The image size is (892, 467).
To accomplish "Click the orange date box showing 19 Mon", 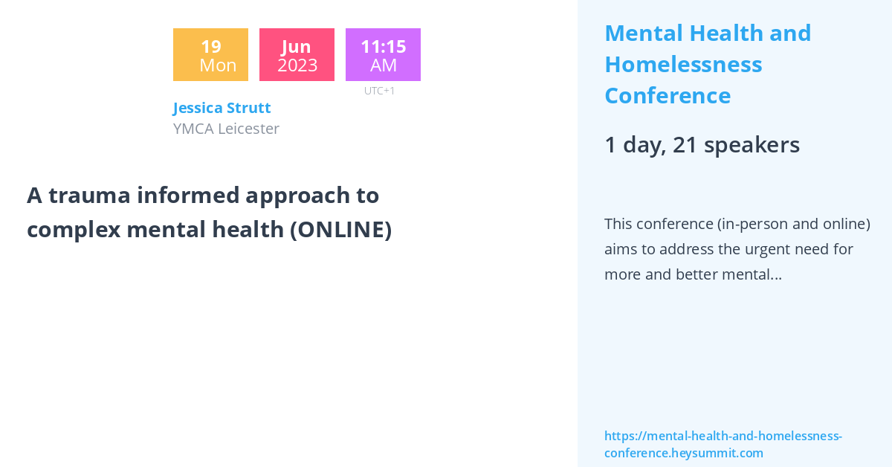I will tap(210, 54).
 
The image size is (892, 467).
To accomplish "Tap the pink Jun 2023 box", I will tap(297, 54).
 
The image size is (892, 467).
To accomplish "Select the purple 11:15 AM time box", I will tap(383, 54).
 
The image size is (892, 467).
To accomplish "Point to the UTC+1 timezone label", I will tap(380, 91).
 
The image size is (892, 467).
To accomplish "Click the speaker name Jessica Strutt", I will tap(222, 108).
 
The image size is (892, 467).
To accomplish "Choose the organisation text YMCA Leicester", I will tap(226, 129).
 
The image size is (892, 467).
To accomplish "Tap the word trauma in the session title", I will tap(88, 195).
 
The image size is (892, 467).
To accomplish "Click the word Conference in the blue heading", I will tap(668, 96).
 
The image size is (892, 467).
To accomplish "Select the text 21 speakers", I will tap(736, 145).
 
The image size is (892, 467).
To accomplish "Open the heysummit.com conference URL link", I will tap(723, 444).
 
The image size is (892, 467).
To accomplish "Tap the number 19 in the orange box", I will tap(210, 46).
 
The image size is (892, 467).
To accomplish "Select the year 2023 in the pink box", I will tap(297, 65).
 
